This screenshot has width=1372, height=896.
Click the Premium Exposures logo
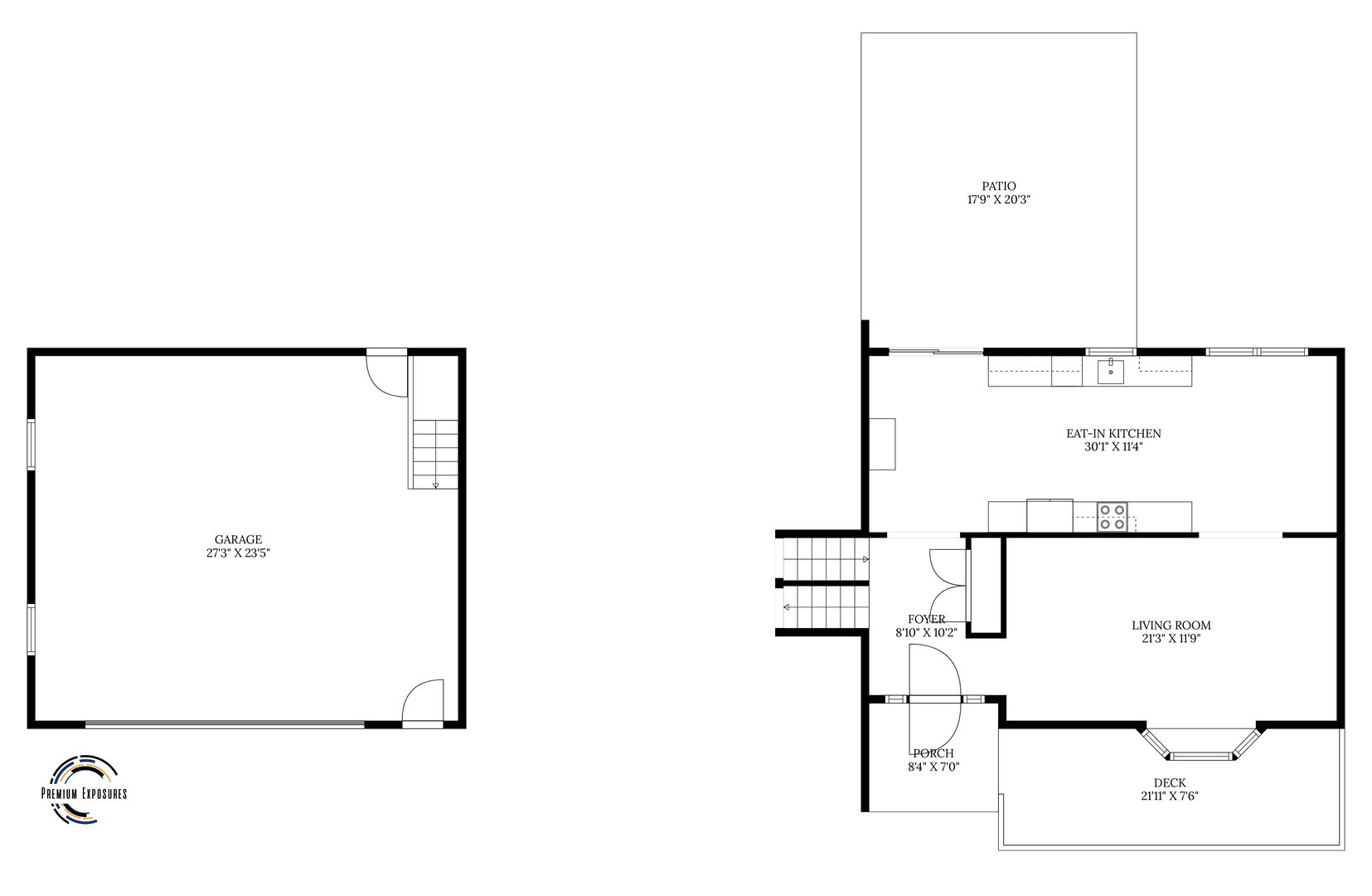pyautogui.click(x=84, y=791)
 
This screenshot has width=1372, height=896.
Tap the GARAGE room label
pyautogui.click(x=238, y=540)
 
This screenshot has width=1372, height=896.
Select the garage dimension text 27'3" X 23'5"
pyautogui.click(x=238, y=553)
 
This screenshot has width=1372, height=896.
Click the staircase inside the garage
pyautogui.click(x=435, y=454)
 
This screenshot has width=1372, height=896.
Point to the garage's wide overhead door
pyautogui.click(x=224, y=724)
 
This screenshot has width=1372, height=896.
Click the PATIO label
pyautogui.click(x=998, y=187)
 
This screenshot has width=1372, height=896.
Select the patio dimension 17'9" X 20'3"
pyautogui.click(x=998, y=200)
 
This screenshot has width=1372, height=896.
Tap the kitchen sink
pyautogui.click(x=1111, y=373)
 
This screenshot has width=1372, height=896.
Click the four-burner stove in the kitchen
pyautogui.click(x=1112, y=517)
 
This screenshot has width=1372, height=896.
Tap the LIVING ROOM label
pyautogui.click(x=1171, y=626)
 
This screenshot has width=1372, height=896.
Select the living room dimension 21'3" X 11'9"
pyautogui.click(x=1171, y=639)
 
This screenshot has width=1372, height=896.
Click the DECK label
pyautogui.click(x=1169, y=782)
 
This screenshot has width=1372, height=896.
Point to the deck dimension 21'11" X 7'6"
pyautogui.click(x=1169, y=796)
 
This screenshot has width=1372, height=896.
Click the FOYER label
pyautogui.click(x=926, y=619)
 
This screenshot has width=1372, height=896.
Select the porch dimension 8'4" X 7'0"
pyautogui.click(x=933, y=767)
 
